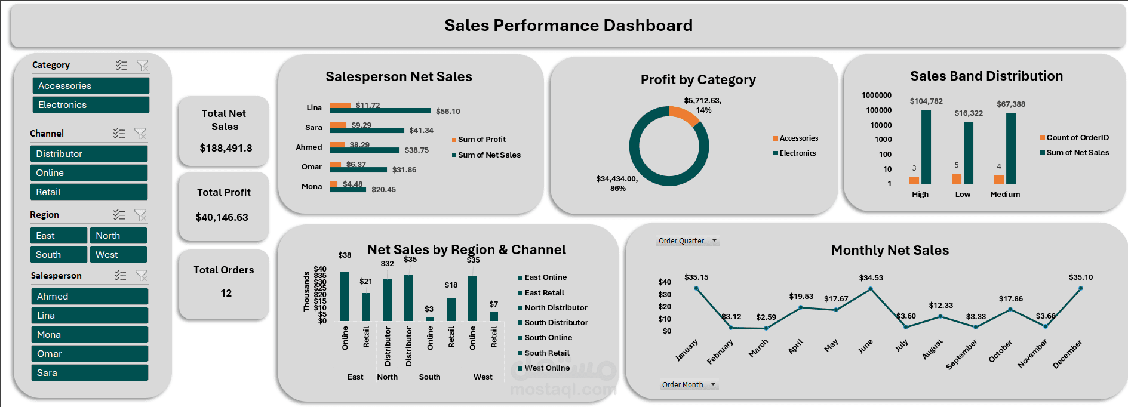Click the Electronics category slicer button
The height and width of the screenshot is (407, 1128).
point(90,105)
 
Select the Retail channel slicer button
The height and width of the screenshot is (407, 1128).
point(88,192)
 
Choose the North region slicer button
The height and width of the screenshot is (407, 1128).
point(118,236)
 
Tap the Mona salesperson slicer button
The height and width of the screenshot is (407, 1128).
point(90,335)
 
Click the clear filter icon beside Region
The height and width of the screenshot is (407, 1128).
point(140,214)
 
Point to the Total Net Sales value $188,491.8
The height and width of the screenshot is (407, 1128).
point(226,148)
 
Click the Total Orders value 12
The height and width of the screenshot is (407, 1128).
point(226,293)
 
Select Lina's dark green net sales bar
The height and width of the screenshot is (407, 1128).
point(380,111)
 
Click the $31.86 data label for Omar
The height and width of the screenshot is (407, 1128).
point(404,170)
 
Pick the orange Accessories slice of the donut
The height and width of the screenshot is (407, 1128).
point(684,115)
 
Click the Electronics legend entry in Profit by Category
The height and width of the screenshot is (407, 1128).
point(797,153)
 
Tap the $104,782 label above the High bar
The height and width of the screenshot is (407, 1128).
point(926,101)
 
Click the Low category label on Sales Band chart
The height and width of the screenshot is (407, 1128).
point(963,195)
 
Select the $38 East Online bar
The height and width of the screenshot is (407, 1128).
point(345,297)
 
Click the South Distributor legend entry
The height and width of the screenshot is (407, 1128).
point(555,323)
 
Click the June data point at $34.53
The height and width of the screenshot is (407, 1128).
point(871,289)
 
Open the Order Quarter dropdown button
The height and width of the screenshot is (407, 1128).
point(714,241)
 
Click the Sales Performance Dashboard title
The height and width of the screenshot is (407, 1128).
point(568,26)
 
